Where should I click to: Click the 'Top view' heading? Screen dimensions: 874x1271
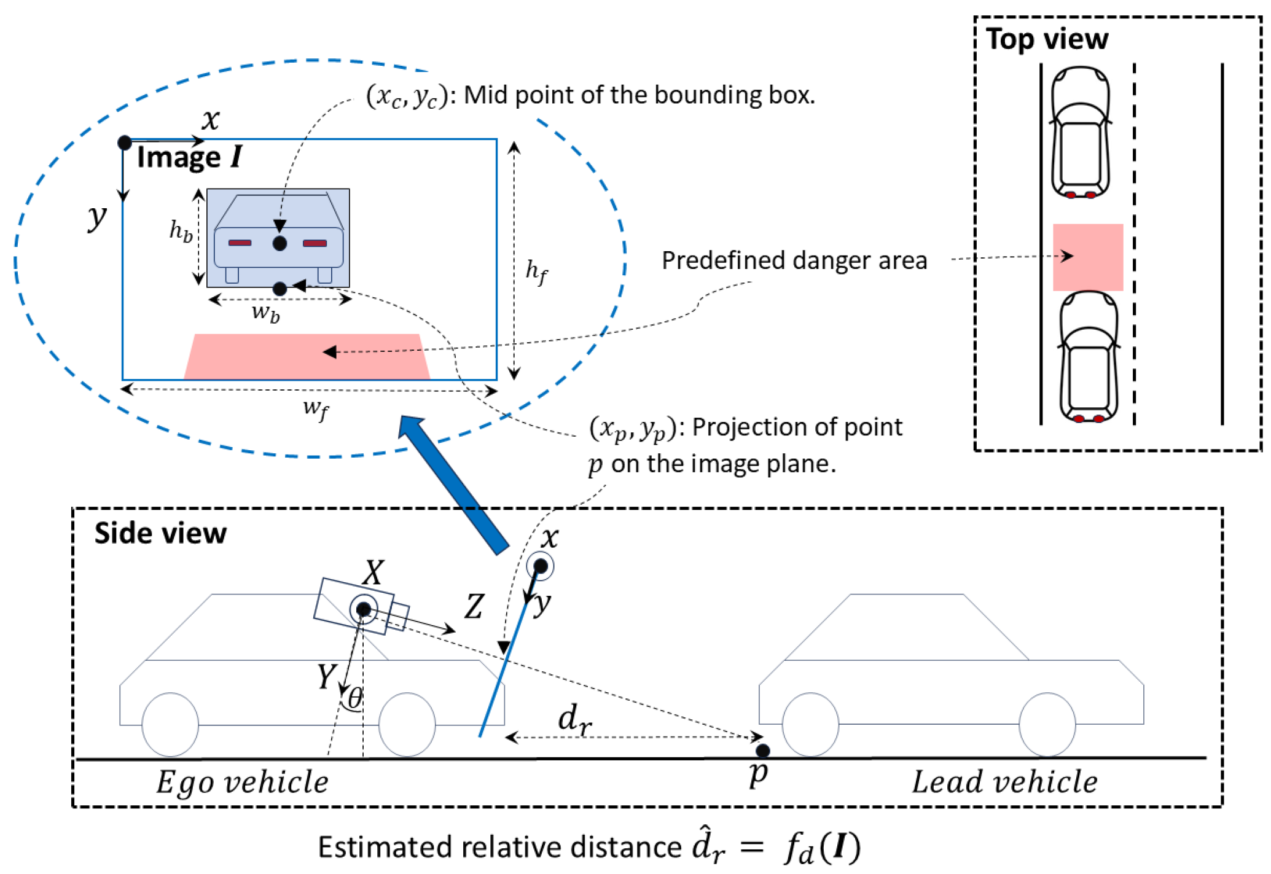click(1047, 39)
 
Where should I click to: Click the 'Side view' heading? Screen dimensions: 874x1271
click(160, 533)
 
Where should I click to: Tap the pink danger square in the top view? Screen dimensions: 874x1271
click(1087, 257)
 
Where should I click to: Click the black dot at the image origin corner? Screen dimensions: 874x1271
click(125, 143)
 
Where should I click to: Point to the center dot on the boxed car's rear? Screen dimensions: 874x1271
click(280, 243)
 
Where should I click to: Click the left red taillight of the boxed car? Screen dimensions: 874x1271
click(240, 243)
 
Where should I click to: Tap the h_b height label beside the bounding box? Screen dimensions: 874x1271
click(181, 232)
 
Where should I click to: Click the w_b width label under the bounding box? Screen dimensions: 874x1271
click(265, 314)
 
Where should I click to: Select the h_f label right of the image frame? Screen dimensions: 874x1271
click(536, 271)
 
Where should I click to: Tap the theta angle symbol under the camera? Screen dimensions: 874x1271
click(355, 698)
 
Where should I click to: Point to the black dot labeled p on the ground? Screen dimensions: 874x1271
click(762, 751)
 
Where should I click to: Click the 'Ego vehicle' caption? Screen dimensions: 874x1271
click(242, 782)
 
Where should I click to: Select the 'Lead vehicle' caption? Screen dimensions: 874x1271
click(1004, 782)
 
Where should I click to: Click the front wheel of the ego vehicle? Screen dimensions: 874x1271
click(407, 725)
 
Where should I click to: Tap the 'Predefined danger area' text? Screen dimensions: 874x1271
click(794, 260)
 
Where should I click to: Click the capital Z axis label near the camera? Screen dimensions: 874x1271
click(474, 607)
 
